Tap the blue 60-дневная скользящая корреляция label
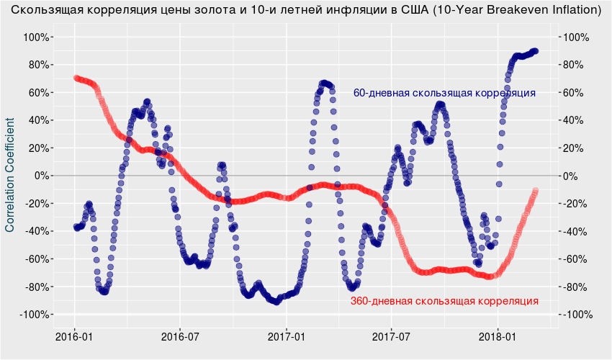click(444, 93)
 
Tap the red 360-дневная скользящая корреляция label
click(444, 301)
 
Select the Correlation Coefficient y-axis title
click(10, 176)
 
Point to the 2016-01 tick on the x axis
click(74, 336)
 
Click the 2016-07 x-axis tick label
click(179, 336)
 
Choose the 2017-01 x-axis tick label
click(287, 336)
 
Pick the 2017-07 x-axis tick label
click(392, 336)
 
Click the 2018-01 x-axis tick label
click(499, 336)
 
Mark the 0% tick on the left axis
click(41, 176)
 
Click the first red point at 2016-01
click(76, 78)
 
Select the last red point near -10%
click(536, 191)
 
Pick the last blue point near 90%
click(536, 51)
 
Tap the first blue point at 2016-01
click(76, 228)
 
